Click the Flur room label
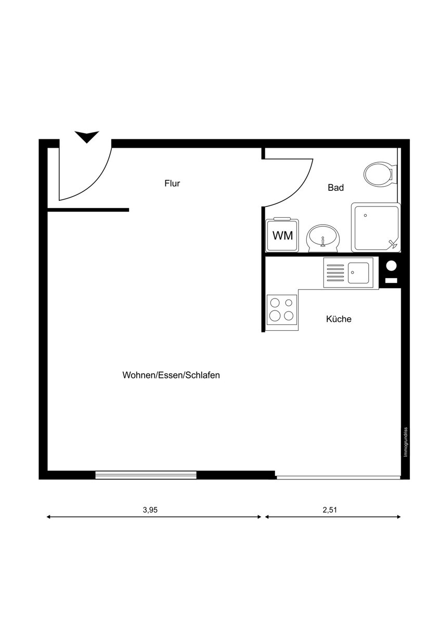pyautogui.click(x=172, y=184)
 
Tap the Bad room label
pyautogui.click(x=335, y=188)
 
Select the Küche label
pyautogui.click(x=339, y=319)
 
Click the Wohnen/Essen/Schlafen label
pyautogui.click(x=171, y=375)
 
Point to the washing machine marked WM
pyautogui.click(x=282, y=236)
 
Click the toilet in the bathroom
pyautogui.click(x=379, y=174)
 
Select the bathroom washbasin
pyautogui.click(x=323, y=238)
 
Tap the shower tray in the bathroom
pyautogui.click(x=375, y=227)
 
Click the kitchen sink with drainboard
pyautogui.click(x=348, y=273)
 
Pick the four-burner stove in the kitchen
pyautogui.click(x=282, y=309)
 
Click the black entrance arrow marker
pyautogui.click(x=86, y=137)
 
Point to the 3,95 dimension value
pyautogui.click(x=150, y=510)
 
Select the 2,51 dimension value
pyautogui.click(x=330, y=510)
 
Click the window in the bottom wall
pyautogui.click(x=146, y=474)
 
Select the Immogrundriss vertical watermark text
pyautogui.click(x=406, y=442)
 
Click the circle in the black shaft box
pyautogui.click(x=392, y=266)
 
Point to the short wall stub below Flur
pyautogui.click(x=88, y=210)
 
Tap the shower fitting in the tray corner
pyautogui.click(x=393, y=243)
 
